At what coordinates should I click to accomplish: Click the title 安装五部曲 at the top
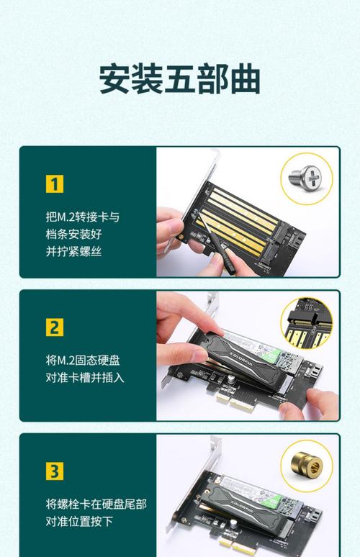coord(179,80)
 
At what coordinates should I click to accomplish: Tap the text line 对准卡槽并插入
coord(85,377)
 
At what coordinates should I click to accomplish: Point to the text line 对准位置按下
coord(79,521)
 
